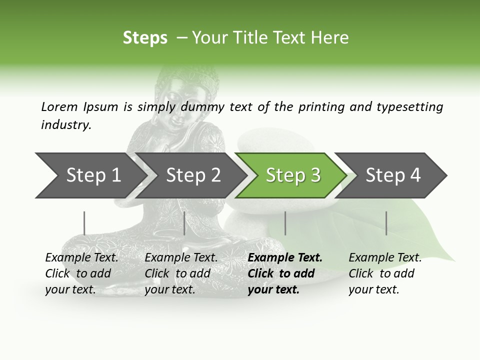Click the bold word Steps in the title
click(x=145, y=38)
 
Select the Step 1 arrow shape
click(x=90, y=175)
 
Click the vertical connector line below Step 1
click(x=84, y=223)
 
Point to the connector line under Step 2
click(x=184, y=223)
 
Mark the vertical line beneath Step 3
click(x=285, y=223)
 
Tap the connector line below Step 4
click(x=386, y=223)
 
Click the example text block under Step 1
click(x=81, y=273)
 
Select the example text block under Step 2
click(x=181, y=273)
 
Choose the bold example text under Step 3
click(x=285, y=273)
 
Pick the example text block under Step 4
click(x=385, y=273)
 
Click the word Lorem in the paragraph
click(x=59, y=107)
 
